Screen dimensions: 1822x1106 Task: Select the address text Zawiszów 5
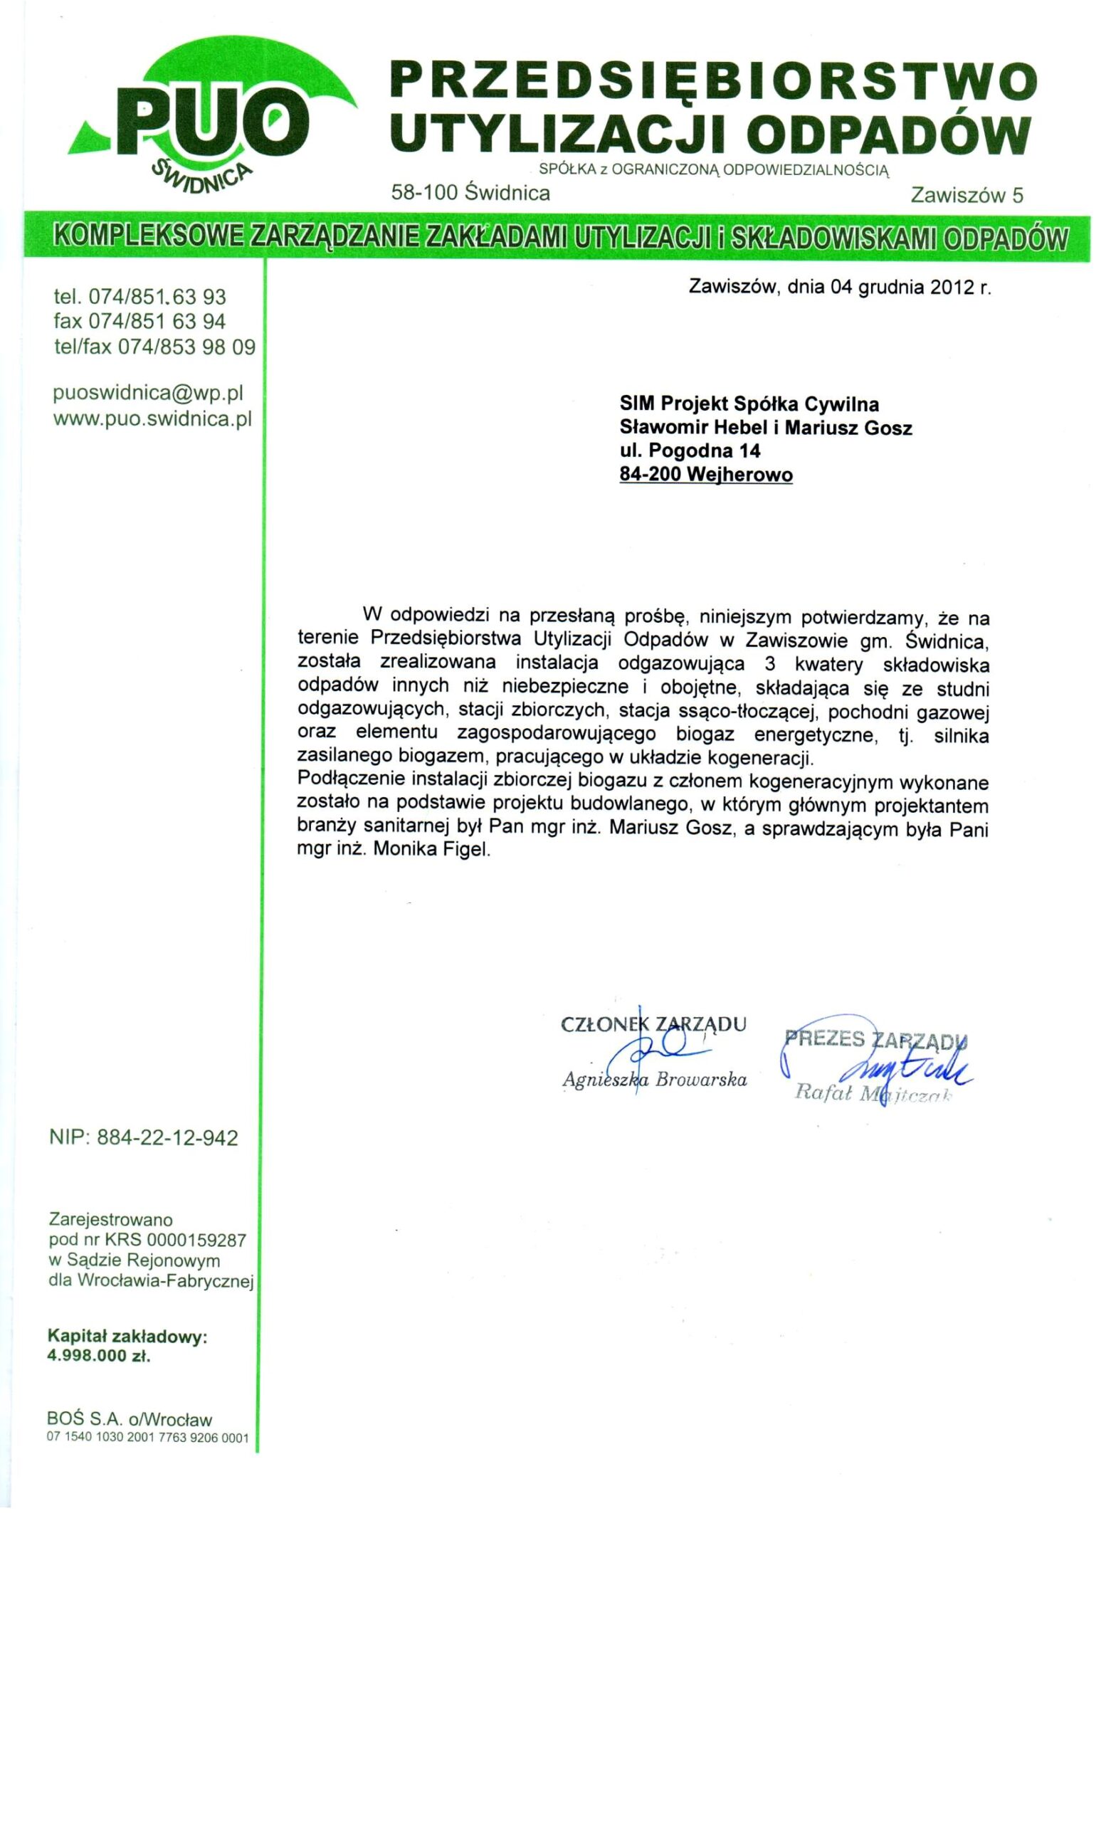[x=967, y=195]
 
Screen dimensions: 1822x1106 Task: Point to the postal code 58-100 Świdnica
[x=470, y=194]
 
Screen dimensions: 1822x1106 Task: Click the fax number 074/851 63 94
[x=157, y=322]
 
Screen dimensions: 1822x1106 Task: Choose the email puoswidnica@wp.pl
[x=149, y=392]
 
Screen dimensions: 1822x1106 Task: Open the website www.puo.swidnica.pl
[x=153, y=418]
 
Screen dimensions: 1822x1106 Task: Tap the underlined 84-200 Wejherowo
[x=705, y=475]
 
